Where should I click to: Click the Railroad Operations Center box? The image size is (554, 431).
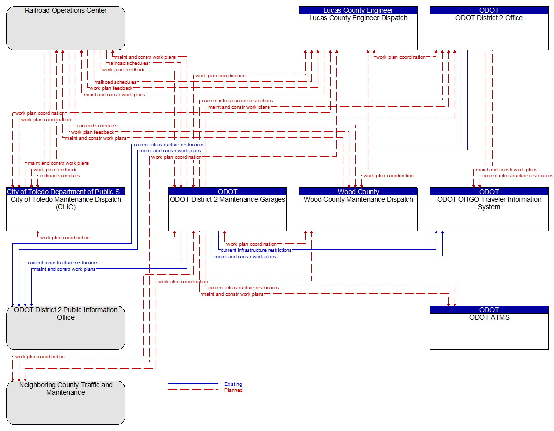[66, 28]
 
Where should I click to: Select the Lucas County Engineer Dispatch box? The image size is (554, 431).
[358, 28]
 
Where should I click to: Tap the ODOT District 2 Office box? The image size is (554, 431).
[489, 28]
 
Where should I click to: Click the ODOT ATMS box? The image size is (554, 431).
[489, 328]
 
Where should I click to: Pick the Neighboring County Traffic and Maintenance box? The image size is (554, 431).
[66, 403]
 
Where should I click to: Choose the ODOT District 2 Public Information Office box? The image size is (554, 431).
[66, 328]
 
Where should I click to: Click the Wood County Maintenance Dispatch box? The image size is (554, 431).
[358, 209]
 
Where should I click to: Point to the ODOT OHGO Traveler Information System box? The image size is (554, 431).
[489, 209]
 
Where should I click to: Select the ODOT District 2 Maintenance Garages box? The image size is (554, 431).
[228, 209]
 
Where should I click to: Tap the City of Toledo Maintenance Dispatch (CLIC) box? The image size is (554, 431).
[66, 209]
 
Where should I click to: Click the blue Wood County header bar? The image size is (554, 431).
[358, 192]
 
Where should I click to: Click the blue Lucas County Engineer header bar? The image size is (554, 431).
[358, 10]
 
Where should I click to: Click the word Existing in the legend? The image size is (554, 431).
[233, 384]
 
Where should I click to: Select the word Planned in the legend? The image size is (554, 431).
[233, 390]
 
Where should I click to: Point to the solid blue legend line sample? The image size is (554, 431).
[193, 383]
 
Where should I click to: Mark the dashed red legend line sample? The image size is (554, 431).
[193, 389]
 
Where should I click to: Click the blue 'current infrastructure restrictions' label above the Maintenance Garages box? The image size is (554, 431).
[169, 144]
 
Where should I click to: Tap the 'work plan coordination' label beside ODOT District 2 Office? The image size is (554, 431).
[401, 57]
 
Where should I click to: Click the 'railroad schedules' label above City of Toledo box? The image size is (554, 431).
[60, 176]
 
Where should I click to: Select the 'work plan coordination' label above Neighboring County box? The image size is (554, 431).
[40, 357]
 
